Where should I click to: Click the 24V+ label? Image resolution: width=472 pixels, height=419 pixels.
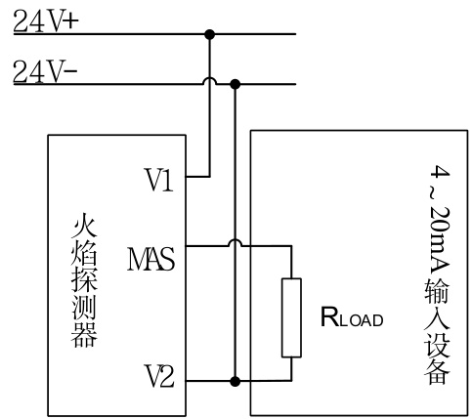[x=46, y=21]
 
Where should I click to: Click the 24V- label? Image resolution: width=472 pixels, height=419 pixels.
[x=45, y=71]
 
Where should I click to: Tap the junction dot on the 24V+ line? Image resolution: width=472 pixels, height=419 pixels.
[x=210, y=34]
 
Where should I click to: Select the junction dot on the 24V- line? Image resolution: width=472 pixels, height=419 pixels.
[x=235, y=84]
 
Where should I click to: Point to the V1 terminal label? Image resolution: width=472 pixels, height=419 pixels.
[x=159, y=180]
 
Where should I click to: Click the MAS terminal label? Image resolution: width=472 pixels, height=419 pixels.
[x=150, y=259]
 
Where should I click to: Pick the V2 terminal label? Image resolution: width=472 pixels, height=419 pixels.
[x=159, y=376]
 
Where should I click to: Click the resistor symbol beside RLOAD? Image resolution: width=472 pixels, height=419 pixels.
[x=291, y=317]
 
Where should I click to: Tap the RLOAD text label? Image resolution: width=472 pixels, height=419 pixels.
[x=352, y=317]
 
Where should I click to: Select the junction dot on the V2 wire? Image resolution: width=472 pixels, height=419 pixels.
[x=235, y=381]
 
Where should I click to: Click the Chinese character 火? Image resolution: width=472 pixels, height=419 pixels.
[x=84, y=226]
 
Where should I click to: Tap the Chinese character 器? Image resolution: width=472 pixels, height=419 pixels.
[x=84, y=335]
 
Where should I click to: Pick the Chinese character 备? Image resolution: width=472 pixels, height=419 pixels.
[x=437, y=371]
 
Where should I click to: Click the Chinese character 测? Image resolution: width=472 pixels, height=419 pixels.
[x=84, y=308]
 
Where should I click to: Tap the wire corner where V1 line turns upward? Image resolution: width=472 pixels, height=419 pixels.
[x=210, y=177]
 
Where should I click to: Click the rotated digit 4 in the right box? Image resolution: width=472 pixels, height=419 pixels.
[x=440, y=173]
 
